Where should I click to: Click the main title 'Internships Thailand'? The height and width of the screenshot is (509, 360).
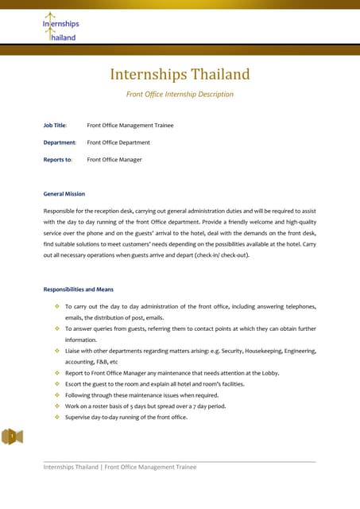(x=180, y=75)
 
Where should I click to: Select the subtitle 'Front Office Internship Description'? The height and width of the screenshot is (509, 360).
(x=180, y=94)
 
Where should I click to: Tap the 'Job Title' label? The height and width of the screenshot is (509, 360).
(x=55, y=126)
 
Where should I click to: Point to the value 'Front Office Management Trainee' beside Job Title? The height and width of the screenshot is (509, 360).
(x=130, y=126)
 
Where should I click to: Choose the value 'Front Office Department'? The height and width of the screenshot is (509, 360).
(x=118, y=142)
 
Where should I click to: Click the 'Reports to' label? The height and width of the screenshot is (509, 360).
(x=57, y=160)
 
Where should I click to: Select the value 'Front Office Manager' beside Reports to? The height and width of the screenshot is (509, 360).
(x=114, y=160)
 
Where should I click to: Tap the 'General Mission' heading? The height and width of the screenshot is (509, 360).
(x=64, y=193)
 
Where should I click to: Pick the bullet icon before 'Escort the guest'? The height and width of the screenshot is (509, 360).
(x=57, y=384)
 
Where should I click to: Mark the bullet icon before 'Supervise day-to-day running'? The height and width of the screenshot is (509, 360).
(x=57, y=418)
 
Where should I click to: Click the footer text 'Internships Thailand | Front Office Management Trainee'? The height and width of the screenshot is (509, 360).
(x=119, y=467)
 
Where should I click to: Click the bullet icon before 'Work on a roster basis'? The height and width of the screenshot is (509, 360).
(x=57, y=406)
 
